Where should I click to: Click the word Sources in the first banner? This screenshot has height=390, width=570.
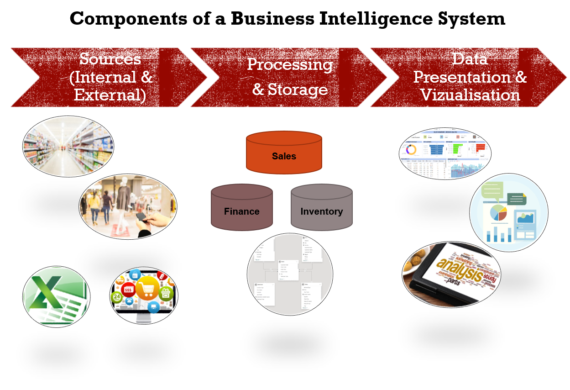click(x=110, y=59)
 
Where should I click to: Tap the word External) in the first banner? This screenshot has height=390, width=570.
click(x=110, y=95)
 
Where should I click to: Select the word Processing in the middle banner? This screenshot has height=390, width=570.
click(x=290, y=64)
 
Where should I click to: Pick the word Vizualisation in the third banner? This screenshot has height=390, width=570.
click(x=470, y=95)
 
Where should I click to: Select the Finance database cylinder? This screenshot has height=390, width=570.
click(x=241, y=208)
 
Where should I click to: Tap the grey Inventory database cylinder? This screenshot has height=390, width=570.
click(x=321, y=208)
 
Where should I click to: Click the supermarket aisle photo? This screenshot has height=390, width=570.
click(x=68, y=146)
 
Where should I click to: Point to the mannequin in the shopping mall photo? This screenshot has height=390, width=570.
click(x=123, y=201)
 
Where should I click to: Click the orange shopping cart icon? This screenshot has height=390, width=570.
click(x=147, y=288)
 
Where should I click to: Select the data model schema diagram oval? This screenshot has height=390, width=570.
click(x=290, y=274)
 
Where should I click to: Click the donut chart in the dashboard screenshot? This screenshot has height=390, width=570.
click(x=411, y=150)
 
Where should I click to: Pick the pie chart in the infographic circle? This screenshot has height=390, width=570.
click(x=498, y=212)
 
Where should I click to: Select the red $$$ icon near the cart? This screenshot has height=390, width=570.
click(x=128, y=289)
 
